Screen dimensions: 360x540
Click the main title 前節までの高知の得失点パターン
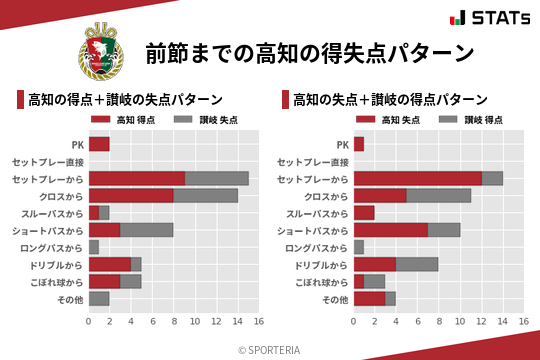[x=309, y=52]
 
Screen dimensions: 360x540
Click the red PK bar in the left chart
[x=99, y=144]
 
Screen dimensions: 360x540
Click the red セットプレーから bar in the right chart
[x=417, y=178]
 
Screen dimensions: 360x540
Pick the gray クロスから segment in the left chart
[x=205, y=196]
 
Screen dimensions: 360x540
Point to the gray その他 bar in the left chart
[x=99, y=298]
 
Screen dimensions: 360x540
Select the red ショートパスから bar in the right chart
[x=390, y=230]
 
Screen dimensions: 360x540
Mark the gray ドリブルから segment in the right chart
[x=417, y=264]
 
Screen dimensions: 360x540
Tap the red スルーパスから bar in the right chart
[x=364, y=213]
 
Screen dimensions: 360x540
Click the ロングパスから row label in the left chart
[x=52, y=247]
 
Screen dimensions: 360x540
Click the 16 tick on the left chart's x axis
[x=258, y=322]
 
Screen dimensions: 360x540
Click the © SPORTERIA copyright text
[x=270, y=349]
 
